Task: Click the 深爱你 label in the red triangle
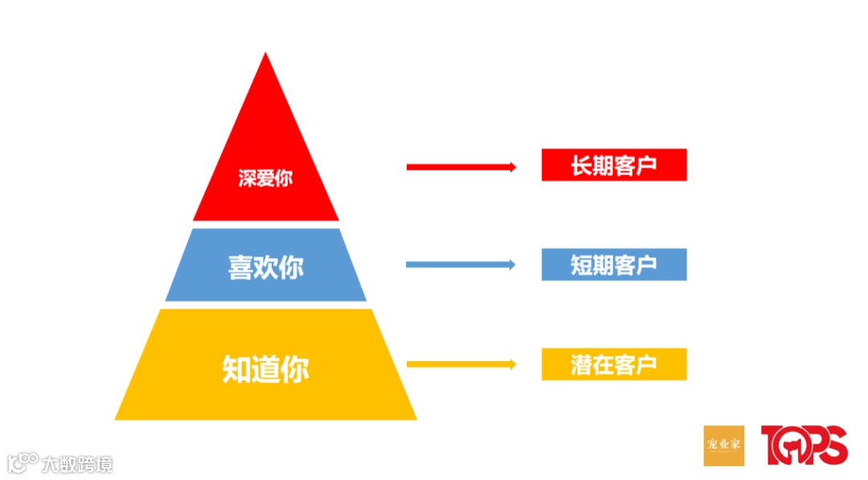pyautogui.click(x=265, y=178)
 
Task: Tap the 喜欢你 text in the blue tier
pyautogui.click(x=265, y=266)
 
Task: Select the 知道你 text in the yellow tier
pyautogui.click(x=265, y=368)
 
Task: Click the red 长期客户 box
pyautogui.click(x=614, y=165)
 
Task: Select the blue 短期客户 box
pyautogui.click(x=614, y=265)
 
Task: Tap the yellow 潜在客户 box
pyautogui.click(x=614, y=364)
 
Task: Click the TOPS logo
pyautogui.click(x=804, y=445)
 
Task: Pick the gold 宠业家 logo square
pyautogui.click(x=723, y=445)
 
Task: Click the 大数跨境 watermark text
pyautogui.click(x=77, y=464)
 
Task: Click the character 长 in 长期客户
pyautogui.click(x=581, y=166)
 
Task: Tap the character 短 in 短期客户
pyautogui.click(x=581, y=265)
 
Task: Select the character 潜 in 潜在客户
pyautogui.click(x=581, y=365)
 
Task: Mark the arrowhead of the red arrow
pyautogui.click(x=511, y=167)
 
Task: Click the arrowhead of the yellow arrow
pyautogui.click(x=511, y=364)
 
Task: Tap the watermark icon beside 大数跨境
pyautogui.click(x=23, y=462)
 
